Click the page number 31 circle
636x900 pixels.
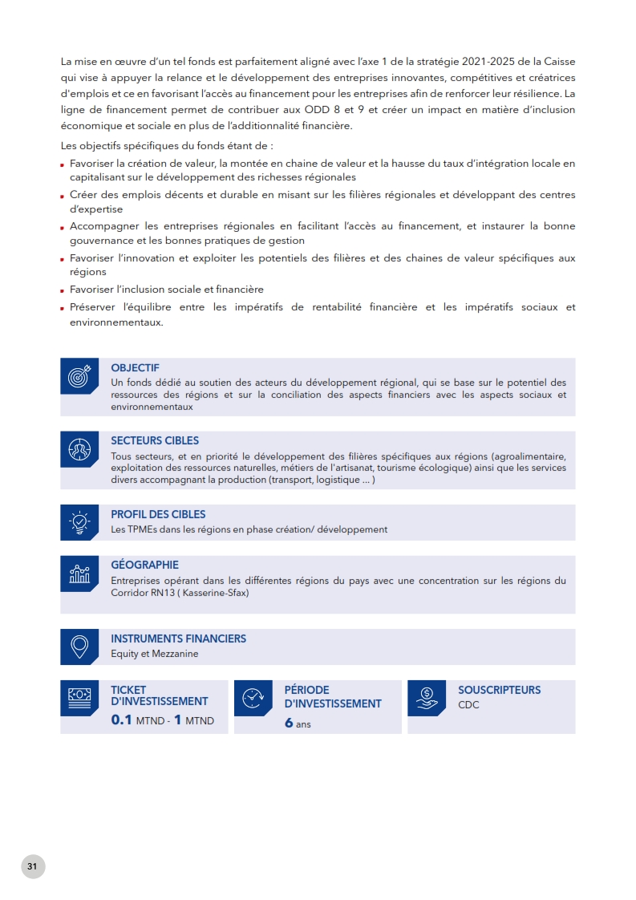pos(33,866)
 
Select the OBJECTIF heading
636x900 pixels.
pos(135,368)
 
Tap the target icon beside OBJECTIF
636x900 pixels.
pos(79,375)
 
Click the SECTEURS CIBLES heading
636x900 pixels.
pos(155,440)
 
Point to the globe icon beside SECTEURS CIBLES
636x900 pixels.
pos(79,449)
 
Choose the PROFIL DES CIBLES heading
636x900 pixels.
pos(158,514)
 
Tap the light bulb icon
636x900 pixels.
pos(79,522)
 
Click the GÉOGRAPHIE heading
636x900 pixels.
pos(144,565)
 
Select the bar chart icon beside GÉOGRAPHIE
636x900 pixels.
pos(79,573)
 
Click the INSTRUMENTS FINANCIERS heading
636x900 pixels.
pos(178,639)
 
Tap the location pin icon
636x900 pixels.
pos(79,647)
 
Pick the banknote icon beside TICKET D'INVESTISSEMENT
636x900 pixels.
pos(79,698)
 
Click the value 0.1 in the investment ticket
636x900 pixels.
pos(121,720)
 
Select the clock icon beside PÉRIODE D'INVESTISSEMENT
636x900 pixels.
pos(253,698)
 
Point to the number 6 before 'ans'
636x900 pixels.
pos(289,723)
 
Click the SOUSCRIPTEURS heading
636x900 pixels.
pos(499,690)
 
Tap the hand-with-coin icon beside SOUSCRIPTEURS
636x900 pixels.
pos(427,698)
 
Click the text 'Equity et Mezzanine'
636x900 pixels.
pos(154,654)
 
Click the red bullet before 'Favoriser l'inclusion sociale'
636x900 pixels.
pos(63,290)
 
